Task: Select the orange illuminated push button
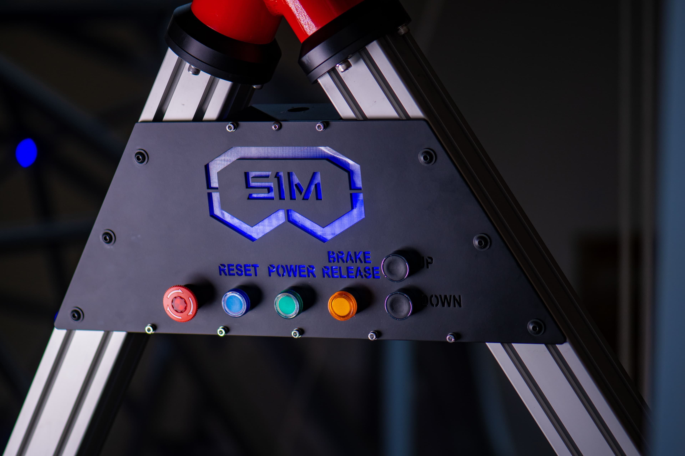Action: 342,306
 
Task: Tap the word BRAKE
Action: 349,257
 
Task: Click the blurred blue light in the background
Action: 26,153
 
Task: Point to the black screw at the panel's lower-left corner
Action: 77,314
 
